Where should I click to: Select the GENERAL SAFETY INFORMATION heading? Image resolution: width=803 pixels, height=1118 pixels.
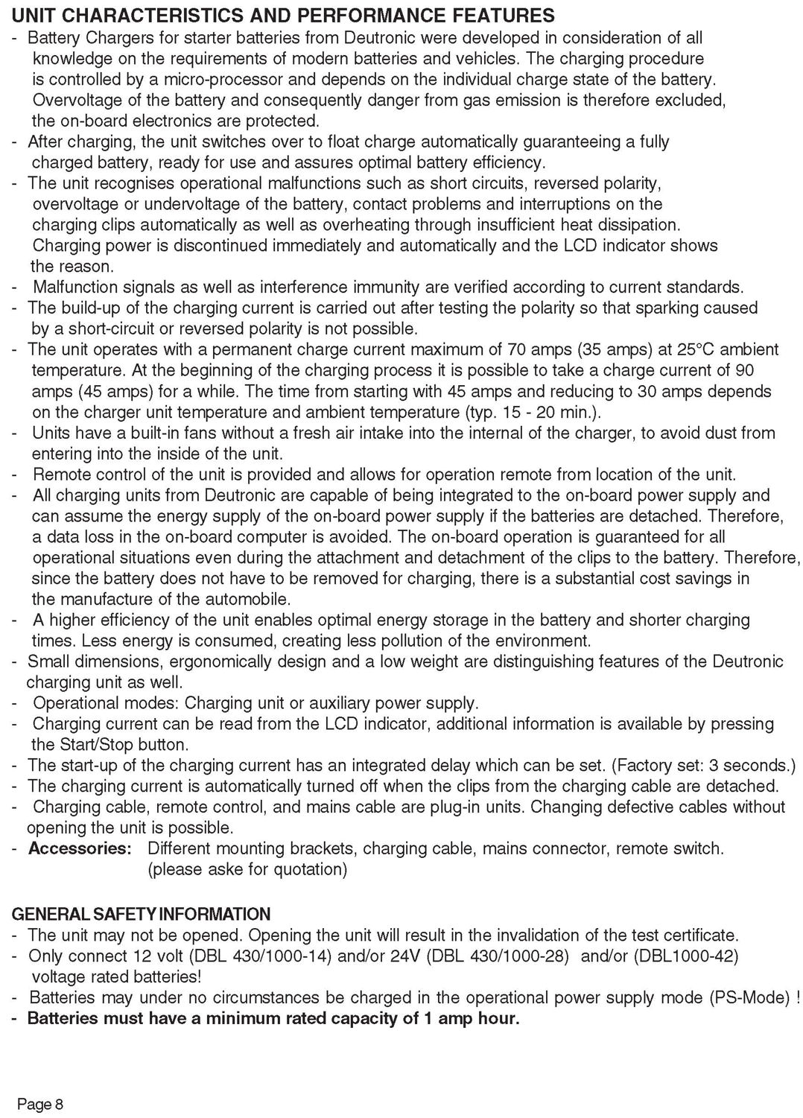click(141, 914)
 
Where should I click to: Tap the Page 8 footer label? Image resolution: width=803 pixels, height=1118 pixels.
click(41, 1105)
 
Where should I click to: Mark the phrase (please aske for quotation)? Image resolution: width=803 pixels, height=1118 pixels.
click(247, 869)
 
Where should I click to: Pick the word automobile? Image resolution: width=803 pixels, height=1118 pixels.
click(247, 598)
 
